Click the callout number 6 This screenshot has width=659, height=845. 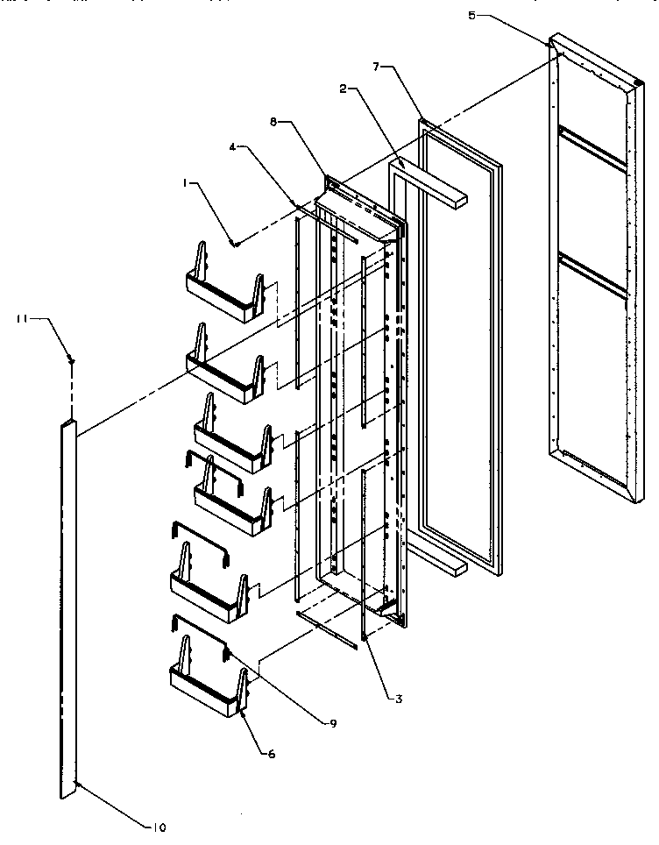coord(271,754)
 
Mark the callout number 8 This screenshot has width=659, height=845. coord(274,124)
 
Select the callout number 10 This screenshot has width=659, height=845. coord(159,827)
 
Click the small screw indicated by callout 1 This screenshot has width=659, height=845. coord(234,244)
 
